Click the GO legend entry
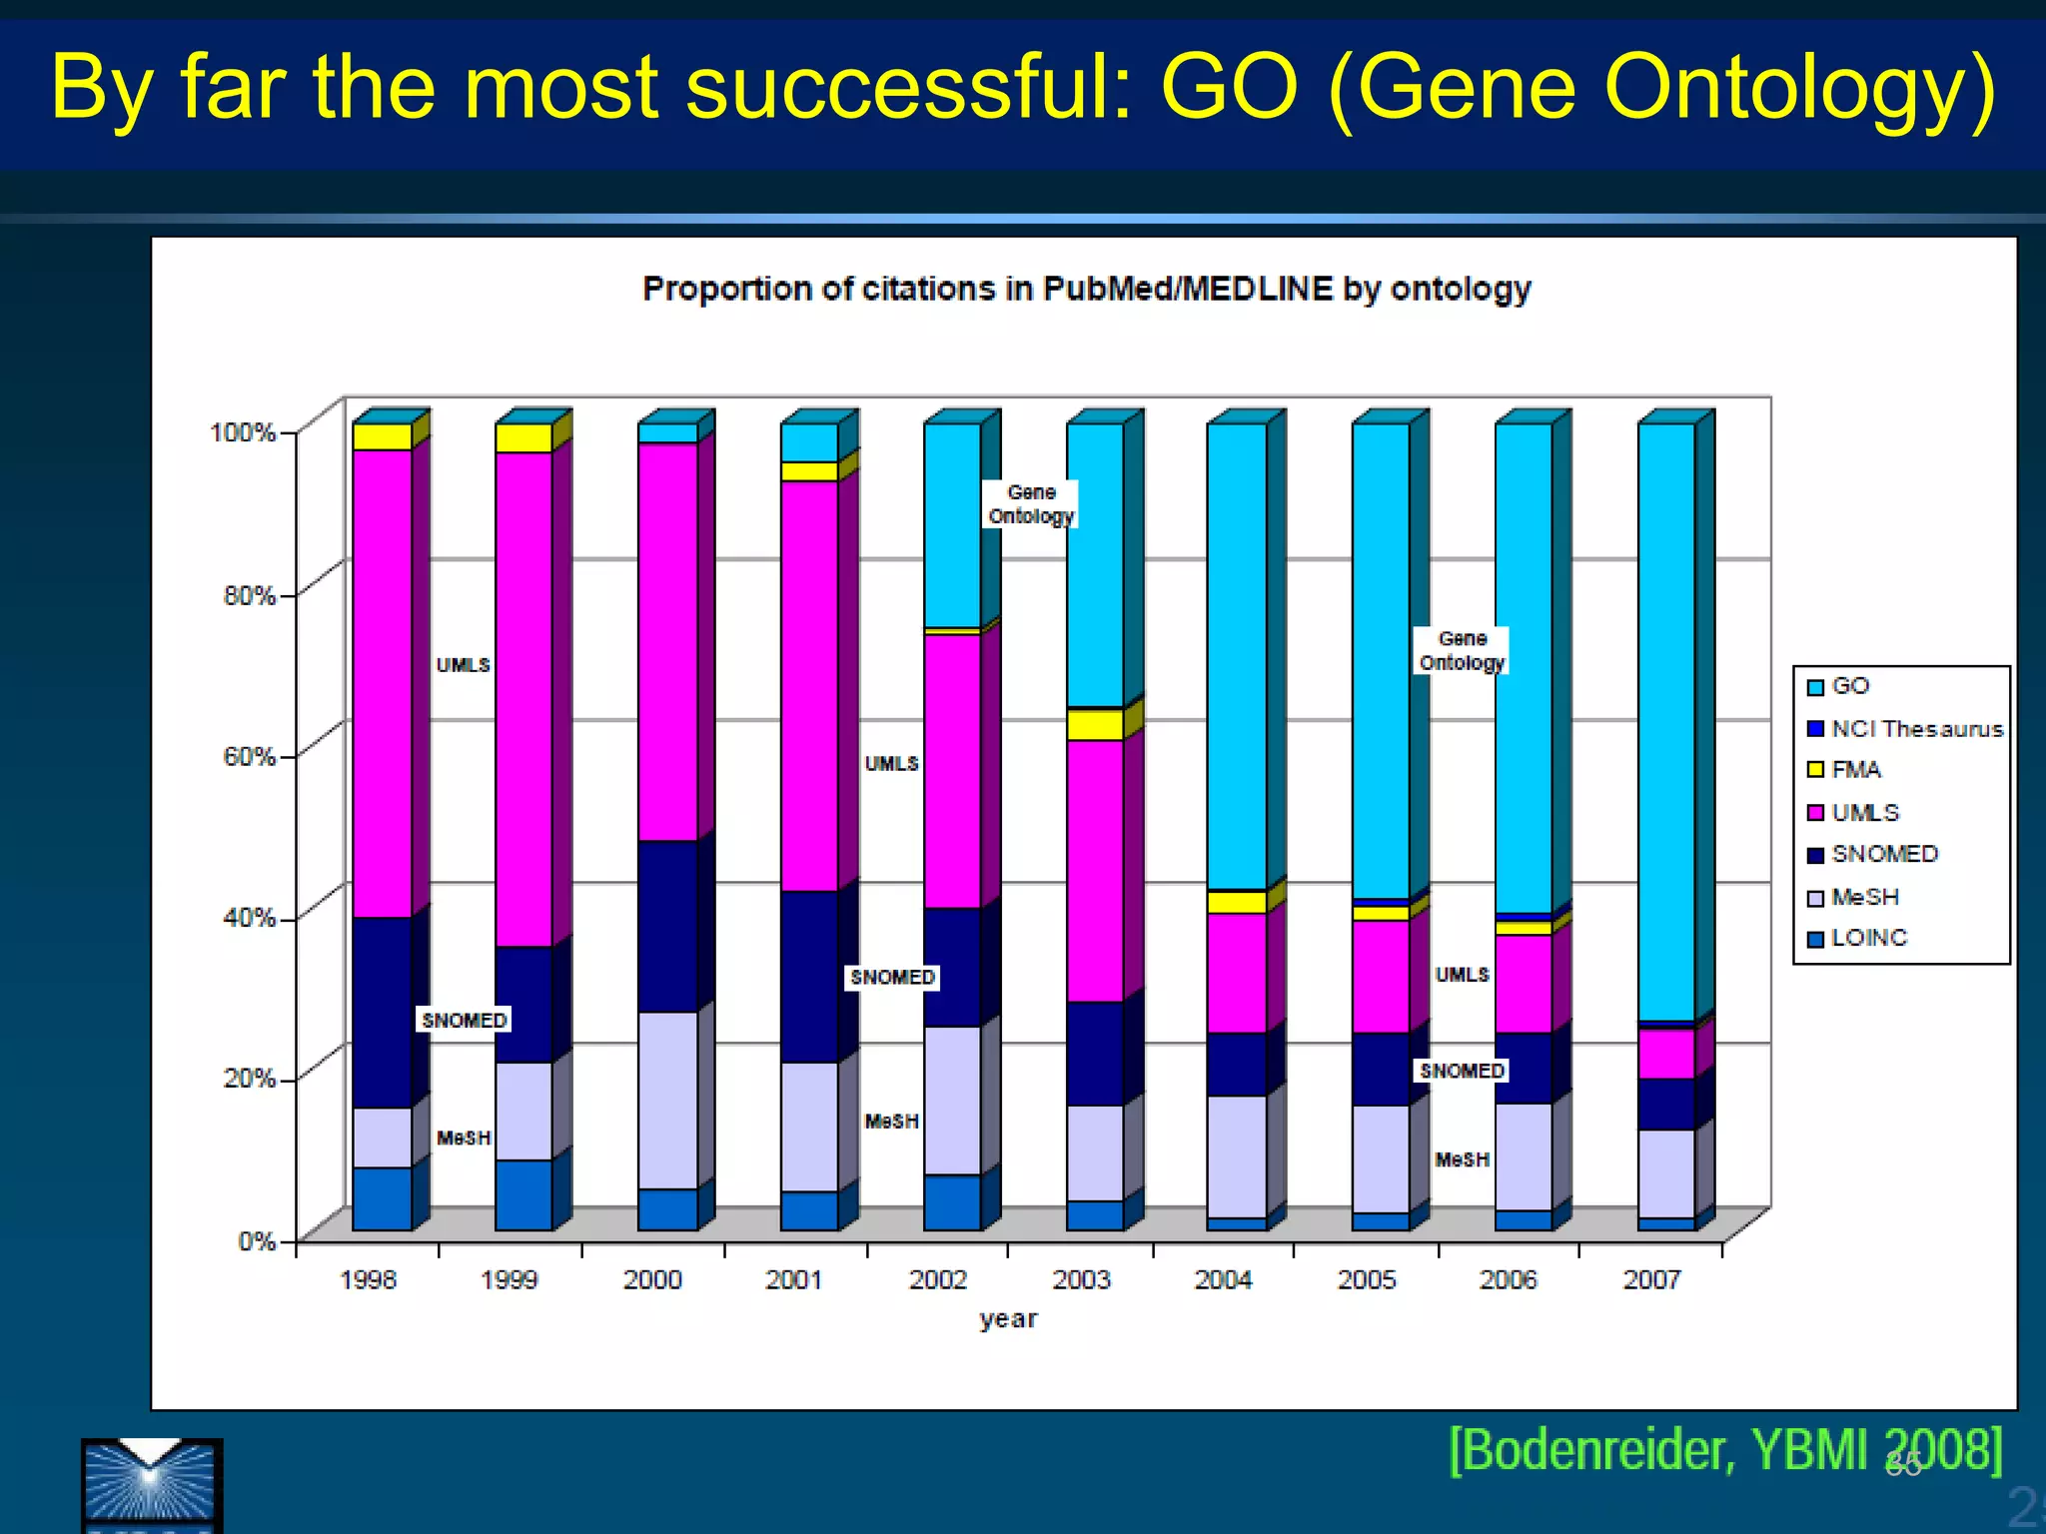click(1849, 686)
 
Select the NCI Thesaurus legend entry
click(1915, 729)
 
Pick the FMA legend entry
click(1855, 770)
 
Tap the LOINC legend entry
click(1868, 938)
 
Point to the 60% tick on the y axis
click(250, 756)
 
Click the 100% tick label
click(242, 432)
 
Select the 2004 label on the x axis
click(1223, 1279)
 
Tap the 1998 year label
click(368, 1279)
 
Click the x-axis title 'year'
click(1008, 1319)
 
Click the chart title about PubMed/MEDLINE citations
click(1086, 289)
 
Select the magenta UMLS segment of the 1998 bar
click(382, 679)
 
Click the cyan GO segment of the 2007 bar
click(1666, 719)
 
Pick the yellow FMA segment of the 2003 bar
click(1095, 724)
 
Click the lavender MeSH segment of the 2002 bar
click(952, 1099)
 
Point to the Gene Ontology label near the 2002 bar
click(1031, 504)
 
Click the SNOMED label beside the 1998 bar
click(465, 1020)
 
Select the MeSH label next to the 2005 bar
click(1462, 1159)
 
